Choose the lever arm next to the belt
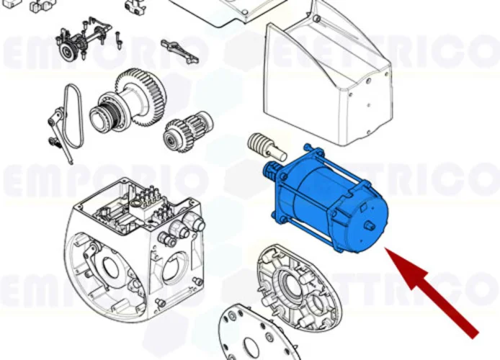point(59,130)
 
